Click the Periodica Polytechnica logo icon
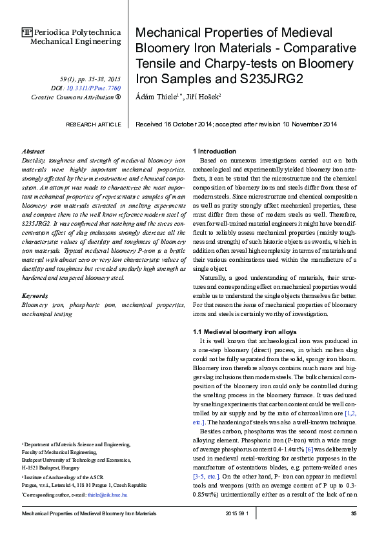click(26, 32)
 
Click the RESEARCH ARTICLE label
click(94, 124)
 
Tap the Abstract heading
click(33, 150)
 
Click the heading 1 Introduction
click(215, 151)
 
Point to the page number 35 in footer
click(354, 513)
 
